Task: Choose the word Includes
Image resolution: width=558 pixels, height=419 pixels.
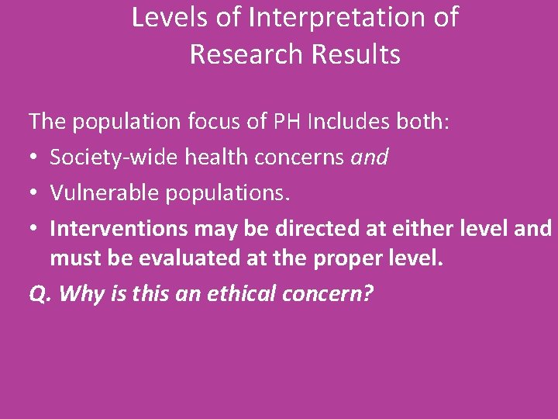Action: click(x=350, y=122)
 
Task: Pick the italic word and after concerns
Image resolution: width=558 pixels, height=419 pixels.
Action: click(x=370, y=158)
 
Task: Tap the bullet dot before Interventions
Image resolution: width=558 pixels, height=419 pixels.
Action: click(x=34, y=230)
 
